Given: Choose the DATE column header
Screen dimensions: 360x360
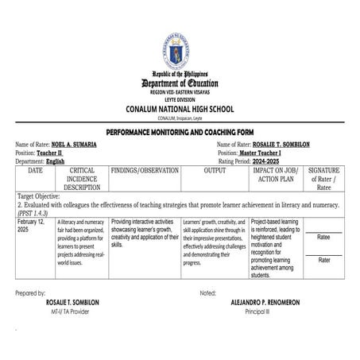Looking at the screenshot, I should (36, 171).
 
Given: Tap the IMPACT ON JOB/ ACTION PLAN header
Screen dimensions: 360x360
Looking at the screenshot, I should (274, 175).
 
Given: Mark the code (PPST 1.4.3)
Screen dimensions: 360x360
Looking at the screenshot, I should (36, 213).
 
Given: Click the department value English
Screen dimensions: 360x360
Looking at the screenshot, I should (56, 161).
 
